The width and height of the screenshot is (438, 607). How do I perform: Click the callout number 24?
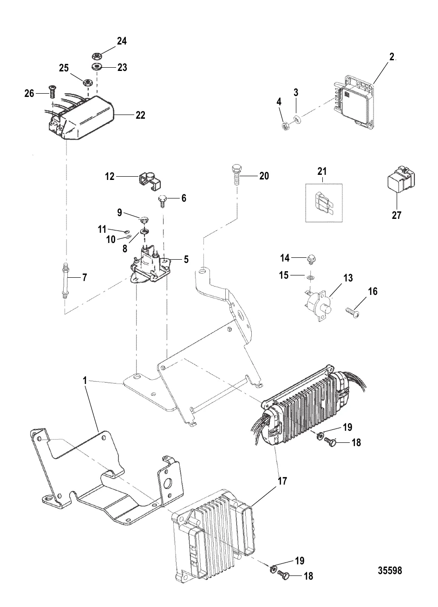[x=122, y=41]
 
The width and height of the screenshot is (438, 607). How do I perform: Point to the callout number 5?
[x=186, y=260]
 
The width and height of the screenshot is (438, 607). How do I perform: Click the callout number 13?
[x=348, y=278]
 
